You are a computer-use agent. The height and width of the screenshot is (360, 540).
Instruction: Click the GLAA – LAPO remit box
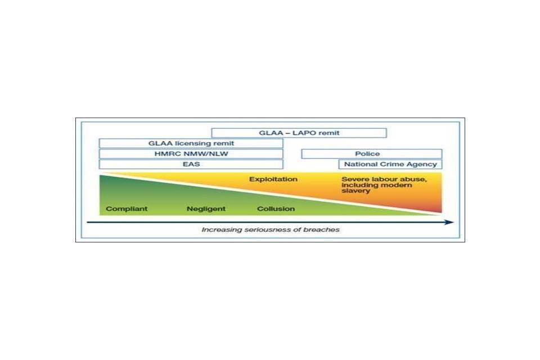coord(299,133)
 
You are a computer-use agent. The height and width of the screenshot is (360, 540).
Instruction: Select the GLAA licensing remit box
coord(191,143)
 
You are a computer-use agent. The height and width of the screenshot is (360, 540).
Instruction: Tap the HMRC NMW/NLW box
coord(191,154)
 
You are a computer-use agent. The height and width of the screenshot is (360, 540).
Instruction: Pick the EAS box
coord(191,164)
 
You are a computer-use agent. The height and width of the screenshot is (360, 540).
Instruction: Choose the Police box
coord(372,154)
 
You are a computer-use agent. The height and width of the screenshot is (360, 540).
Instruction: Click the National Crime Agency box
coord(390,164)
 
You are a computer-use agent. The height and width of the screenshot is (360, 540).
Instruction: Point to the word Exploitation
coord(273,179)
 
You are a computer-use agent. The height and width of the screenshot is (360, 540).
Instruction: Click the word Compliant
coord(127,209)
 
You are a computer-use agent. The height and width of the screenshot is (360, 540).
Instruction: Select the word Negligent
coord(206,209)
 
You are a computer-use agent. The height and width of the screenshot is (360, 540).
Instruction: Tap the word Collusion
coord(276,209)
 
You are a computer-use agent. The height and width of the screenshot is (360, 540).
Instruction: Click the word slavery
coord(355,191)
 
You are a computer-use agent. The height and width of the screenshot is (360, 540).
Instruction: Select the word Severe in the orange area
coord(354,179)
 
